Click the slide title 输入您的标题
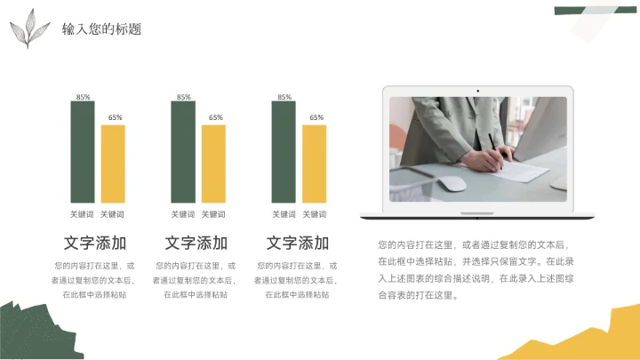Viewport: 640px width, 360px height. [x=101, y=29]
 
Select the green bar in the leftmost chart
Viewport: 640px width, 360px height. [x=83, y=153]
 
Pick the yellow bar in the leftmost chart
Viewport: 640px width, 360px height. [x=113, y=165]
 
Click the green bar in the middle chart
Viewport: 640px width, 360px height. [x=183, y=153]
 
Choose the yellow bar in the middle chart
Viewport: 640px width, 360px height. [x=213, y=165]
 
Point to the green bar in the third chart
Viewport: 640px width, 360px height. [x=284, y=153]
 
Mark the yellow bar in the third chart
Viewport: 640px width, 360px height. [x=315, y=165]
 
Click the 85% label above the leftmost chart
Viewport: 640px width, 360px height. [x=83, y=97]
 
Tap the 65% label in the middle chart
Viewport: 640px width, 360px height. [x=215, y=117]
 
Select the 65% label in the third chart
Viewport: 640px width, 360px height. [x=316, y=117]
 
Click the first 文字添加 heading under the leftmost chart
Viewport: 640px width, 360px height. [x=95, y=243]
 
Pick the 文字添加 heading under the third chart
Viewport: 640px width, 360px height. [x=298, y=243]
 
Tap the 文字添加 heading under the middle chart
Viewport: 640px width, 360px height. [x=196, y=243]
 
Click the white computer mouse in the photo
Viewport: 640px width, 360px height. [x=452, y=184]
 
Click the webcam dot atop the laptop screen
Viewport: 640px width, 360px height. [x=478, y=90]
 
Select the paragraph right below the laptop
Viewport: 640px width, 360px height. [x=476, y=269]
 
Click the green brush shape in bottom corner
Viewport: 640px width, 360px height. [x=31, y=333]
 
